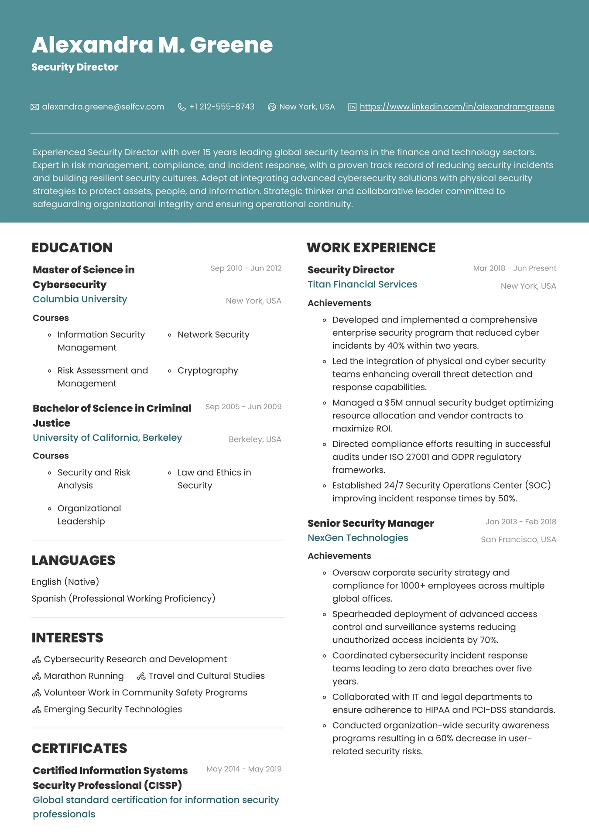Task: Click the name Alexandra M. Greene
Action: [x=152, y=45]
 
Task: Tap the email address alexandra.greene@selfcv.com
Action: [x=103, y=107]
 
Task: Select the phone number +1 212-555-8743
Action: [x=222, y=107]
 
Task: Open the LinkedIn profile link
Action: [x=457, y=107]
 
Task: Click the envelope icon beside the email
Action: [x=34, y=107]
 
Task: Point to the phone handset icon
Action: [x=182, y=107]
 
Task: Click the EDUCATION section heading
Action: [x=72, y=248]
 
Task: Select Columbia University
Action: [x=80, y=299]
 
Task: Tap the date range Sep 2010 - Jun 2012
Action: [x=246, y=268]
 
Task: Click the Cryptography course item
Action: [x=208, y=371]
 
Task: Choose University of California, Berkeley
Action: [x=107, y=438]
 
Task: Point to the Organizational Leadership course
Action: [x=89, y=515]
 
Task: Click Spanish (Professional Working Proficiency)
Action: [x=123, y=599]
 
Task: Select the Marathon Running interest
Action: [x=84, y=676]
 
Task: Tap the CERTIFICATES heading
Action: [x=79, y=749]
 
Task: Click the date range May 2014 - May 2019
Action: [x=244, y=769]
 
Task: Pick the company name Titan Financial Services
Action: [x=362, y=284]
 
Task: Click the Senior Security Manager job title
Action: [x=370, y=524]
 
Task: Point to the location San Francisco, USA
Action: [x=518, y=540]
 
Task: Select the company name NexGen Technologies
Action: [x=358, y=538]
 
